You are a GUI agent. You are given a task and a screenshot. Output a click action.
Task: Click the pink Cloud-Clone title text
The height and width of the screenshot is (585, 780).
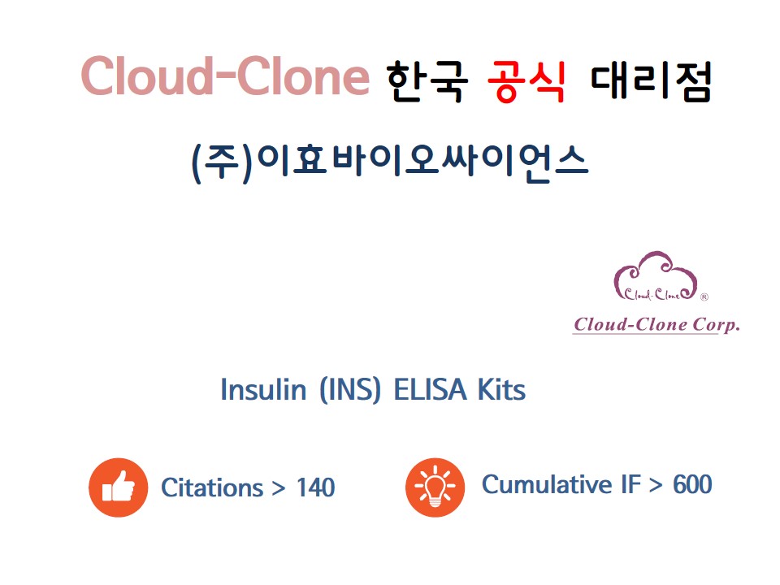[225, 76]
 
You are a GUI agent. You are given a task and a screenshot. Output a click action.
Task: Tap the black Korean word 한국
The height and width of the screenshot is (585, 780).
[427, 81]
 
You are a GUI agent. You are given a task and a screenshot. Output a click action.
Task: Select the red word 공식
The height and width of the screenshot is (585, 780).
[526, 81]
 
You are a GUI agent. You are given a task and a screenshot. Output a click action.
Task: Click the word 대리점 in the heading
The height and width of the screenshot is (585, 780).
[651, 81]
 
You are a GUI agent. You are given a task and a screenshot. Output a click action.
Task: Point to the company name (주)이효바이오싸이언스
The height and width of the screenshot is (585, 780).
[390, 163]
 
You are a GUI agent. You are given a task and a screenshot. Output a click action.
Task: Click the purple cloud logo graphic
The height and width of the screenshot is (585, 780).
[656, 276]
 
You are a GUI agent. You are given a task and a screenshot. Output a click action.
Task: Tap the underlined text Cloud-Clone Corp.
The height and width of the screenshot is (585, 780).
[656, 324]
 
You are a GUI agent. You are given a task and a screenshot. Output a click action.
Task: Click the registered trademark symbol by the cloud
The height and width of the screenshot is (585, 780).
[704, 297]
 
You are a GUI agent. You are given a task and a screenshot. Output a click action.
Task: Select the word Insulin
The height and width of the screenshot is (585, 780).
[263, 389]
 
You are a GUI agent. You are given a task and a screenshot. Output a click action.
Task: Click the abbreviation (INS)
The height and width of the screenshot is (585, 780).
[350, 389]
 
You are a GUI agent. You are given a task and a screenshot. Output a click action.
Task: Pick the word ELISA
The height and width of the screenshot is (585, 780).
[431, 389]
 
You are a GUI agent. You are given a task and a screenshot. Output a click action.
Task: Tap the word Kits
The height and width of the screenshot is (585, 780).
[501, 389]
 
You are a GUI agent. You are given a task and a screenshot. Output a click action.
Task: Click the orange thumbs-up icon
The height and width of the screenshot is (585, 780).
[119, 487]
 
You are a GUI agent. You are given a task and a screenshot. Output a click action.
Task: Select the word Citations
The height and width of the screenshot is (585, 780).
[212, 487]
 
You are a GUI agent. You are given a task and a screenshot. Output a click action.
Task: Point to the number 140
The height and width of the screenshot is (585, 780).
[316, 487]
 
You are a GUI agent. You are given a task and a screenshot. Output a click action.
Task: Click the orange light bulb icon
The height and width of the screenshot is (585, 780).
[435, 487]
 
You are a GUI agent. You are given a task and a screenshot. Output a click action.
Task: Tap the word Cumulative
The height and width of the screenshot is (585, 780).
[547, 484]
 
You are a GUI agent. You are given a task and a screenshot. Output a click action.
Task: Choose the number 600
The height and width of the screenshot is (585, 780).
[692, 484]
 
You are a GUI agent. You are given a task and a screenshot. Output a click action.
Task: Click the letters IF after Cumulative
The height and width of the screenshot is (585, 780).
[630, 484]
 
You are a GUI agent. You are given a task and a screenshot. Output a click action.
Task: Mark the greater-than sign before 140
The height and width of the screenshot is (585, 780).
[279, 488]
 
